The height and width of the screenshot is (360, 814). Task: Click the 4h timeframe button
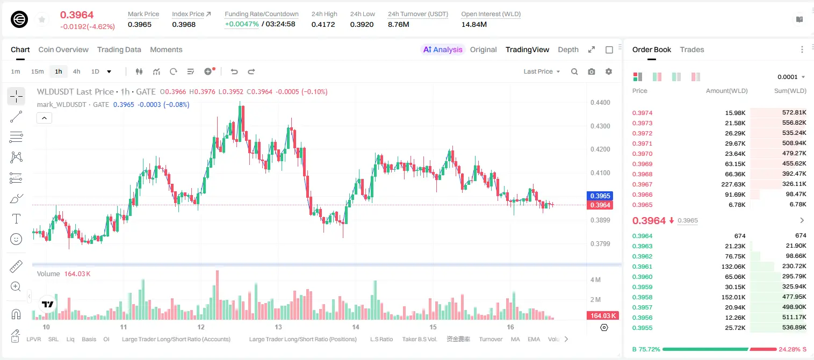coord(76,71)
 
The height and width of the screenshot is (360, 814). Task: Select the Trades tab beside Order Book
coord(692,49)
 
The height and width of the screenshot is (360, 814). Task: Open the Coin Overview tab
coord(63,49)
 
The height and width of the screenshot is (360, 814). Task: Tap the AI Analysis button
coord(443,49)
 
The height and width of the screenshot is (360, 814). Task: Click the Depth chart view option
coord(568,49)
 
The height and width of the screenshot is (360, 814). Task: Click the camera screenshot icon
coord(592,71)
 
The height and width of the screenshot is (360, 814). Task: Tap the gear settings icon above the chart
coord(609,71)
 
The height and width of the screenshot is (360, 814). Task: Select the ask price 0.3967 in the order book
coord(642,184)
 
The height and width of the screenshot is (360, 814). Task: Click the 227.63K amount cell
coord(733,184)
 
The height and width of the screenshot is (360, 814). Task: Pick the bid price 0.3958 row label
coord(642,297)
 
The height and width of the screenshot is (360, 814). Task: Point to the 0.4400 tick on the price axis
coord(600,103)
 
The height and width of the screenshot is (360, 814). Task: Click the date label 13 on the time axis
coord(278,327)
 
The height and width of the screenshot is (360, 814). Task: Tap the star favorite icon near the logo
coord(42,19)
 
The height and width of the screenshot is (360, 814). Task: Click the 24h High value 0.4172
coord(323,24)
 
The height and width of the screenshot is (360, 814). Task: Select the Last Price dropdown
coord(542,71)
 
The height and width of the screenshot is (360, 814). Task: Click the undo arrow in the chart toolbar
coord(234,71)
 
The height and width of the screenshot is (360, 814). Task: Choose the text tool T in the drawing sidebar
coord(16,219)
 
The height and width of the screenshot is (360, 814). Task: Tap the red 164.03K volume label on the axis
coord(603,316)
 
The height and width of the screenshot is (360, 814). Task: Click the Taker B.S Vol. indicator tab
coord(419,339)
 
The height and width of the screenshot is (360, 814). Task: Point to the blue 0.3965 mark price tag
coord(600,196)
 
